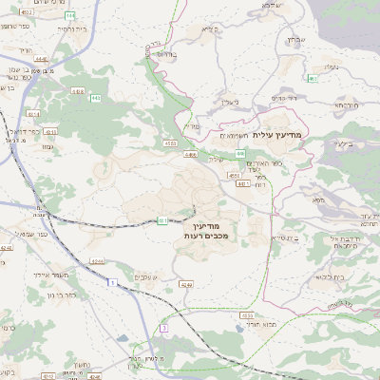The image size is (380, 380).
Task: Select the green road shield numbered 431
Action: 162,220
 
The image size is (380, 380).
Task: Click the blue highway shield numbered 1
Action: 111,283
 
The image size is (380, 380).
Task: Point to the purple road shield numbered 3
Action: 162,328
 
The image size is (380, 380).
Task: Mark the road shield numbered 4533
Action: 247,315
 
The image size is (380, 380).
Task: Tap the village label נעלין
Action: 332,66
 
